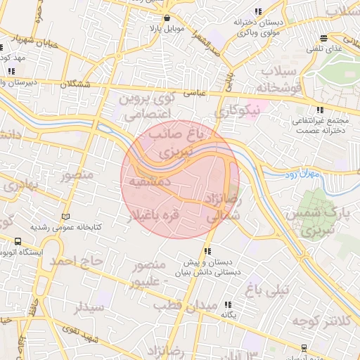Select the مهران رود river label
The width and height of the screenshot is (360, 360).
point(304,173)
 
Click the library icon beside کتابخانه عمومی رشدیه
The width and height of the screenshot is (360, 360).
point(66,217)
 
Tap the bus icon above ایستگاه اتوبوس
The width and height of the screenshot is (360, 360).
point(17,241)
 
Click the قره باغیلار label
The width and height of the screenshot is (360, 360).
point(151,215)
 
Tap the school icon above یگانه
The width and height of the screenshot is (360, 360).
point(228,304)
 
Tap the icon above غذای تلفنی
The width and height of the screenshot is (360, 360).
point(323,39)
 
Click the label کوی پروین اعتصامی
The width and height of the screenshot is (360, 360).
point(143,106)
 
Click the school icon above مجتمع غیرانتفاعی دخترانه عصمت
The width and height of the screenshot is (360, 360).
point(320,110)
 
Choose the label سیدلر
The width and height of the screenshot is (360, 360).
point(89,307)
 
